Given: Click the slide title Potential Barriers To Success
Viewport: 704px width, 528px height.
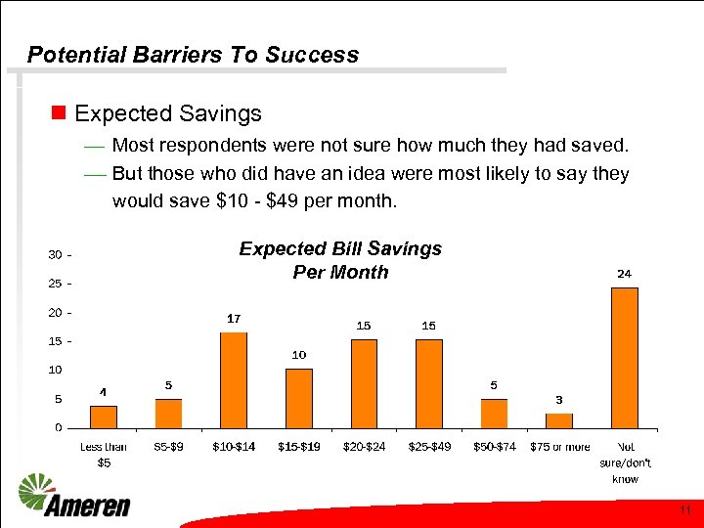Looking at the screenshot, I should (x=193, y=55).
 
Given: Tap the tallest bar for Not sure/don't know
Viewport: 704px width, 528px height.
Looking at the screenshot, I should (x=624, y=357).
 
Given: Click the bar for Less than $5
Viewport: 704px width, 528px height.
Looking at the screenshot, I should (x=104, y=417).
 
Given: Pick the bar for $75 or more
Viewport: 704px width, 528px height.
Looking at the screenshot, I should (x=559, y=420).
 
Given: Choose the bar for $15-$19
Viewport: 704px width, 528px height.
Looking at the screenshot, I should (x=299, y=398).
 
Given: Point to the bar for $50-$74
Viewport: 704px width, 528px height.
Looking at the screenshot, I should (x=494, y=413).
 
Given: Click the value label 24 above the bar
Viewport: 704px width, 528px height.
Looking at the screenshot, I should (x=624, y=274).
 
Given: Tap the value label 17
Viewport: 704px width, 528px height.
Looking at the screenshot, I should (x=234, y=319).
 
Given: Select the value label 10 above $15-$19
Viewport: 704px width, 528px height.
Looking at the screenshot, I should (x=299, y=354).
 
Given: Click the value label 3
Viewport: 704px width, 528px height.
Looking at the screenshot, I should (x=559, y=399).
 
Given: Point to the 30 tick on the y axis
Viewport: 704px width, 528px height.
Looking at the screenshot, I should (x=57, y=254).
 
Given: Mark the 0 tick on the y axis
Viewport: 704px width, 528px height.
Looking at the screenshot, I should (x=60, y=427).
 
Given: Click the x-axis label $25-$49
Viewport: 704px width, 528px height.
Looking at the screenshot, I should (x=428, y=447).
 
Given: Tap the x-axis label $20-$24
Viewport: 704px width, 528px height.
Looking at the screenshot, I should (x=364, y=447).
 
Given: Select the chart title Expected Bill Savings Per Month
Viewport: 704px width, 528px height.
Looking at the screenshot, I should (x=340, y=260).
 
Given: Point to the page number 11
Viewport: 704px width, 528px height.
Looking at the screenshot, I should (x=685, y=510).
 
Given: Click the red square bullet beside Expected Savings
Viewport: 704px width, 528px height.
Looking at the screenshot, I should (x=58, y=113).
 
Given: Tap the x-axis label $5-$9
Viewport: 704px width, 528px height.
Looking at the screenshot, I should (x=168, y=447).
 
